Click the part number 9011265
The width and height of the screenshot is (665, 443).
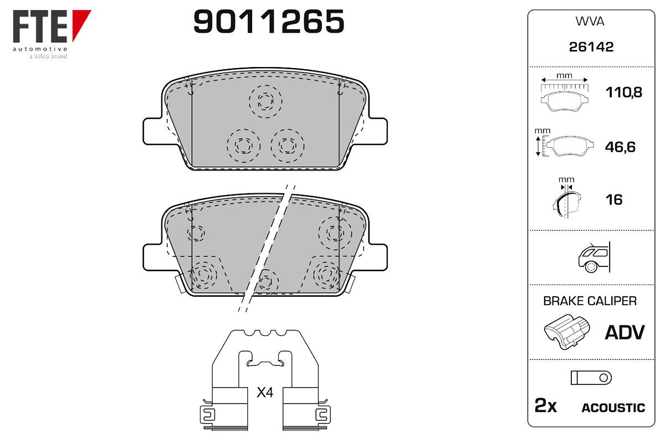click(x=269, y=21)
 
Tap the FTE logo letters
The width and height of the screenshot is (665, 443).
click(x=40, y=26)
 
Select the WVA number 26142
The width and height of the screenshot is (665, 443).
click(x=591, y=47)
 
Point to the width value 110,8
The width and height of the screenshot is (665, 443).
click(x=624, y=92)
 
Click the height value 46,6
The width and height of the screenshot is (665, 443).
click(x=620, y=147)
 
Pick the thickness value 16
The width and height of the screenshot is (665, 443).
click(x=614, y=200)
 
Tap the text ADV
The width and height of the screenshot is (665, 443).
click(x=625, y=333)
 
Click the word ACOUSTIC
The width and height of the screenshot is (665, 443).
click(x=613, y=408)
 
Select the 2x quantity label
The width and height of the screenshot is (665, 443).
click(x=545, y=405)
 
